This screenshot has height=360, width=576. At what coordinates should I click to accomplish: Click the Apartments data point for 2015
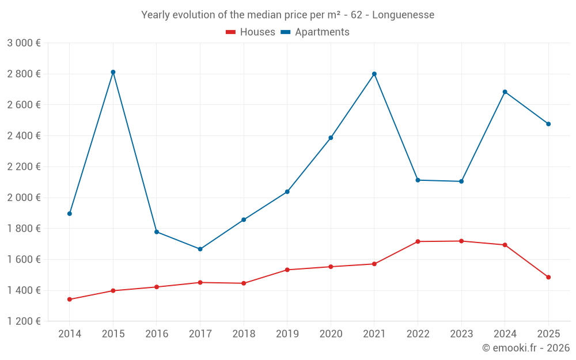[x=113, y=72]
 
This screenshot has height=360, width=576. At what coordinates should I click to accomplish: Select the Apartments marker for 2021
[x=374, y=74]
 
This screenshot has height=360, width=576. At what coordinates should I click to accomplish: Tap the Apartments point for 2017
[x=200, y=249]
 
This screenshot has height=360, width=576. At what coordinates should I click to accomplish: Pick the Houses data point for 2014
[x=70, y=300]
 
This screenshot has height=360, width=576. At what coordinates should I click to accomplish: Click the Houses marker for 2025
[x=548, y=277]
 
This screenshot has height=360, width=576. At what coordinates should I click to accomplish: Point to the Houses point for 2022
[x=418, y=241]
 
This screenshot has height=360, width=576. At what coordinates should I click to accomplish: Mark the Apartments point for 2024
[x=505, y=92]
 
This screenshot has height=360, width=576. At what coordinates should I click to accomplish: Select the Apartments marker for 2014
[x=70, y=214]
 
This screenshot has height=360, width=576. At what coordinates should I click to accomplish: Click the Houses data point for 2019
[x=287, y=270]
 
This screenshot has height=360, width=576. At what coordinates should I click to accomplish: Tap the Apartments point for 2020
[x=331, y=138]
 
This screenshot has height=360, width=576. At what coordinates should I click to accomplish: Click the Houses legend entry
[x=251, y=32]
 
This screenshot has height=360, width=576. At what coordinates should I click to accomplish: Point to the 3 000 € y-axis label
[x=24, y=43]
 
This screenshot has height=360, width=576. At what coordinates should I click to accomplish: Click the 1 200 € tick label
[x=24, y=321]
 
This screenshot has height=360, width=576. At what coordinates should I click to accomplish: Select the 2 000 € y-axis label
[x=24, y=198]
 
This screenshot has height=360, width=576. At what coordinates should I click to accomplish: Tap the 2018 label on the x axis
[x=244, y=334]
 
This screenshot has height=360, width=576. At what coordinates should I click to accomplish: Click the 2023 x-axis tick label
[x=461, y=334]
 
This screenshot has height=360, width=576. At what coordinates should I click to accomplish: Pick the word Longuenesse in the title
[x=403, y=14]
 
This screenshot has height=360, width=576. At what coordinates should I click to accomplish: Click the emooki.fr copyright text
[x=526, y=348]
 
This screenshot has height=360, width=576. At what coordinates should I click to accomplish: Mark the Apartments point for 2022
[x=418, y=180]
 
